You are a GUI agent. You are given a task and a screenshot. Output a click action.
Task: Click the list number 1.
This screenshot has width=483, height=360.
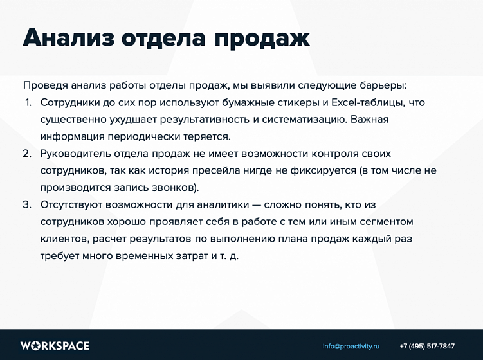pos(28,102)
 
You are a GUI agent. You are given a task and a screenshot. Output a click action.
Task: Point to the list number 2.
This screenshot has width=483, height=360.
pos(27,154)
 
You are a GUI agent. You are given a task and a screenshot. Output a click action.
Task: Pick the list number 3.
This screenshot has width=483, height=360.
pos(27,204)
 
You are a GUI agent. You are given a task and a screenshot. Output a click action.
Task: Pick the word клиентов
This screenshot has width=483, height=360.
pos(63,239)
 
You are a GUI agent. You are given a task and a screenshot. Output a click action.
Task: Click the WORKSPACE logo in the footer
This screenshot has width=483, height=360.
pos(55,346)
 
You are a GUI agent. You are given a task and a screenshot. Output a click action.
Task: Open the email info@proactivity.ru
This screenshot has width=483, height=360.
pos(351,346)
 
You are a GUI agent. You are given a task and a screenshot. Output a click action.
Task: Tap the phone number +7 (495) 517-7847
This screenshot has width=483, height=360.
pos(427,346)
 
